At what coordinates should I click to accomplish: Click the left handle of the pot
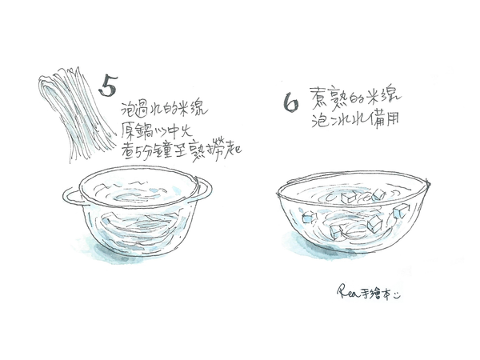point(70,194)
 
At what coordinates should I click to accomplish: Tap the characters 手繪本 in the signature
point(380,292)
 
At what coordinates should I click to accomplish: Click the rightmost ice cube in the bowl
point(398,211)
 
